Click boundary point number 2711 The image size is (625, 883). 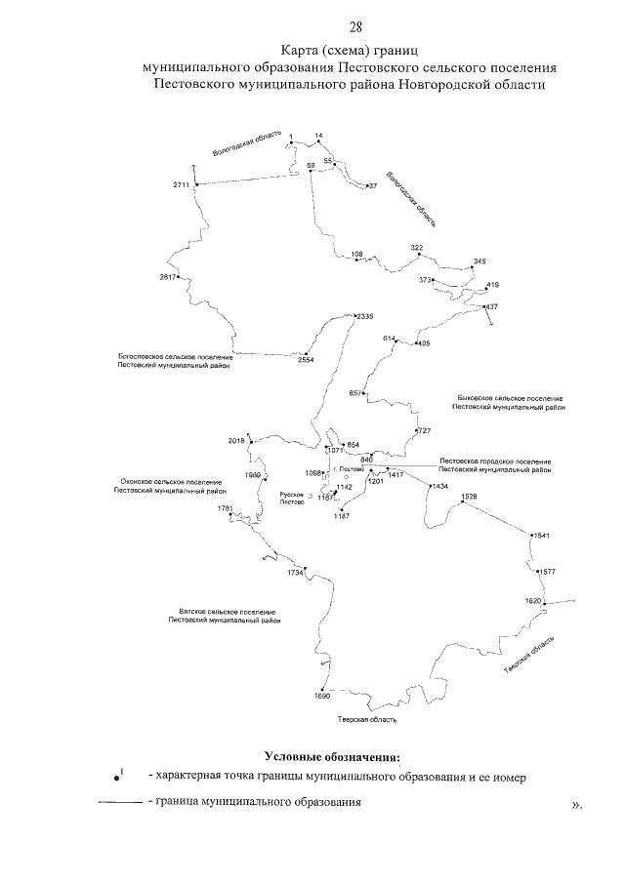tap(183, 184)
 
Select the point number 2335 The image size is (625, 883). tap(366, 316)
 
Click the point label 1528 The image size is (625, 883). tap(470, 497)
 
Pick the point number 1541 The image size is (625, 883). tap(542, 536)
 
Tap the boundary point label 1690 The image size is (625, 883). tap(322, 697)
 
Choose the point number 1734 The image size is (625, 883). tap(295, 573)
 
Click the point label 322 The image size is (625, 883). tap(417, 248)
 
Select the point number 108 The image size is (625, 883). tap(356, 254)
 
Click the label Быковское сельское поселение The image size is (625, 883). tap(511, 398)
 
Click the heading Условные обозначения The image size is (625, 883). tap(332, 756)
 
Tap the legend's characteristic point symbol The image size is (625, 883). tap(117, 778)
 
